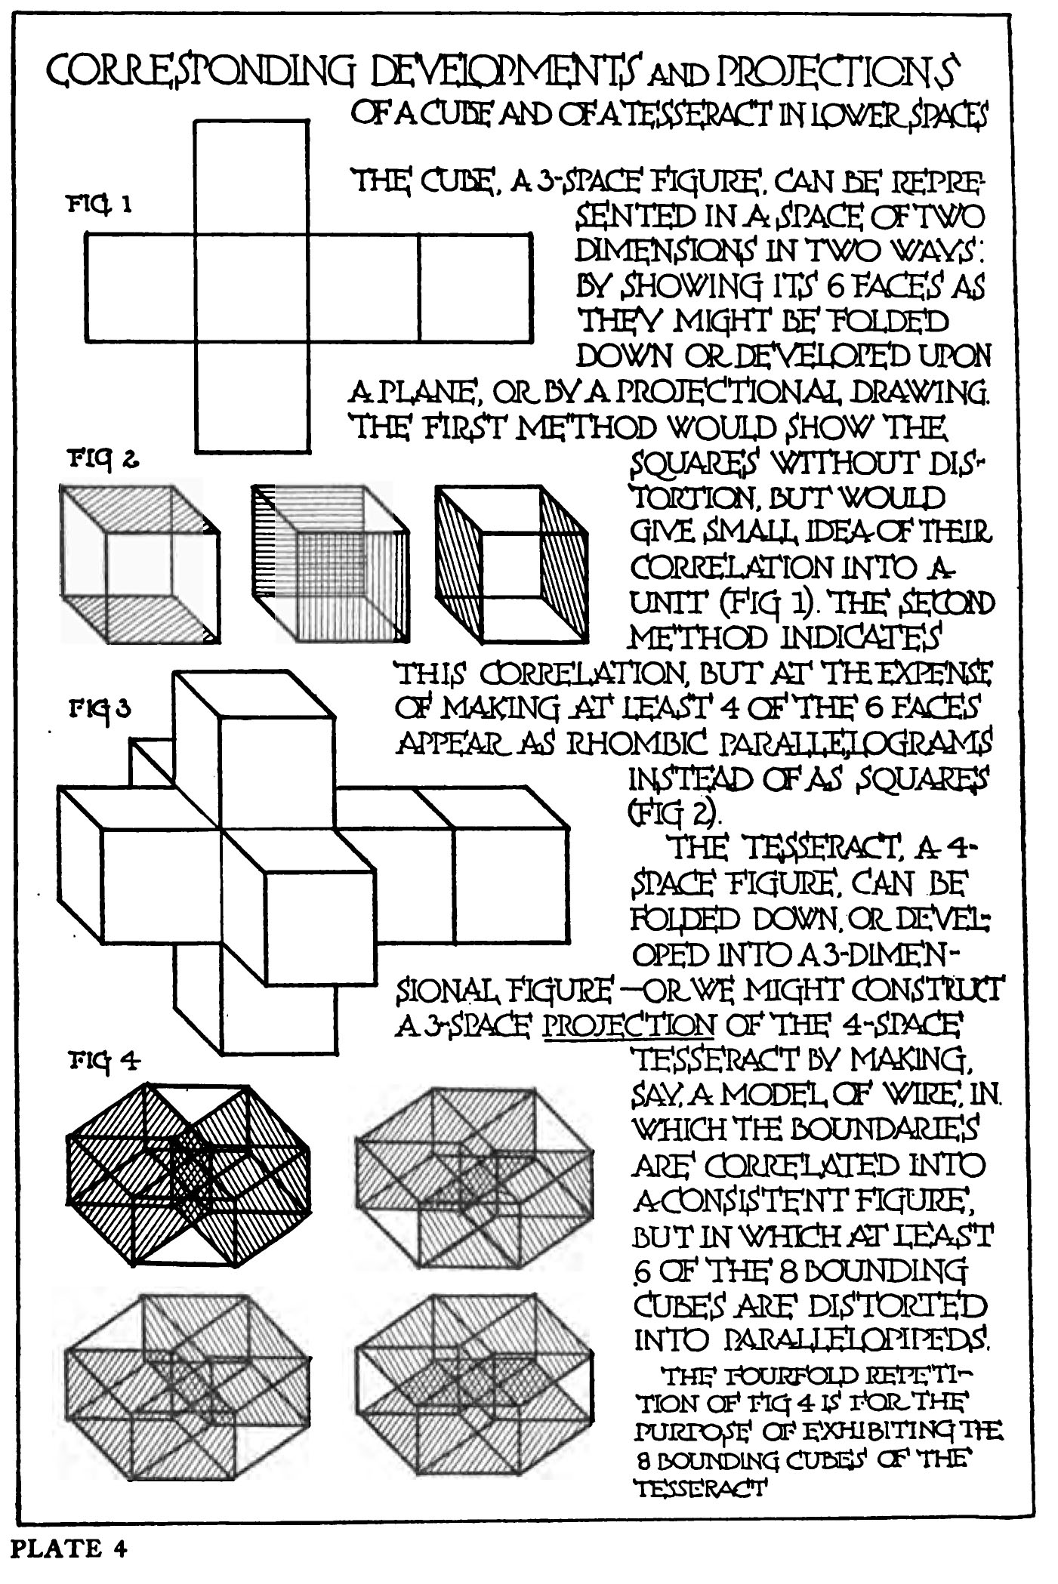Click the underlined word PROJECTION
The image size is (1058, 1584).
coord(629,1025)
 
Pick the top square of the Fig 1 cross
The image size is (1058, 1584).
coord(252,177)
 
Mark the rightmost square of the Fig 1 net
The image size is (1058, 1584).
coord(476,288)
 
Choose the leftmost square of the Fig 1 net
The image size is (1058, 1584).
coord(140,288)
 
